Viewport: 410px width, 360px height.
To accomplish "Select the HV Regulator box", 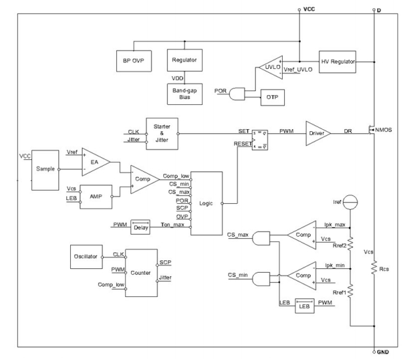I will tap(338, 61).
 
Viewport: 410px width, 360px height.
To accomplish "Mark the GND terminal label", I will tap(383, 351).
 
